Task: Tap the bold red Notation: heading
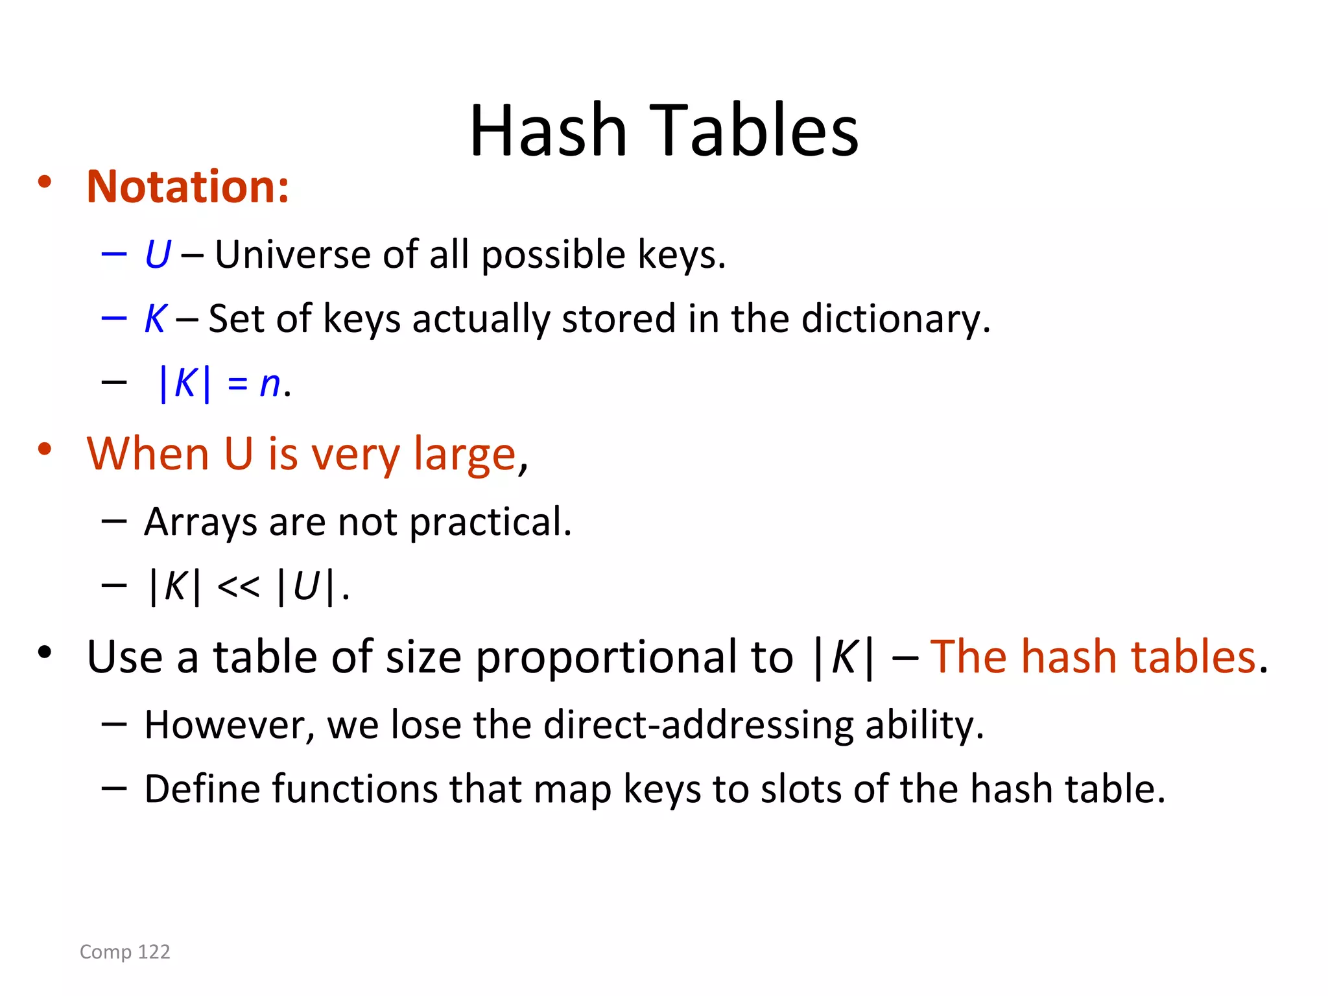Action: pyautogui.click(x=187, y=187)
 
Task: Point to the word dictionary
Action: pyautogui.click(x=895, y=319)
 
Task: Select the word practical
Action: pyautogui.click(x=490, y=522)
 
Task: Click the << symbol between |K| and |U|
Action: pyautogui.click(x=238, y=587)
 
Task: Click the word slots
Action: pyautogui.click(x=801, y=789)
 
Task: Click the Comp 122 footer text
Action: pyautogui.click(x=124, y=951)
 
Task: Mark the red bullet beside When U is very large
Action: pyautogui.click(x=44, y=449)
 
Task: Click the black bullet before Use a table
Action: pyautogui.click(x=44, y=652)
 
